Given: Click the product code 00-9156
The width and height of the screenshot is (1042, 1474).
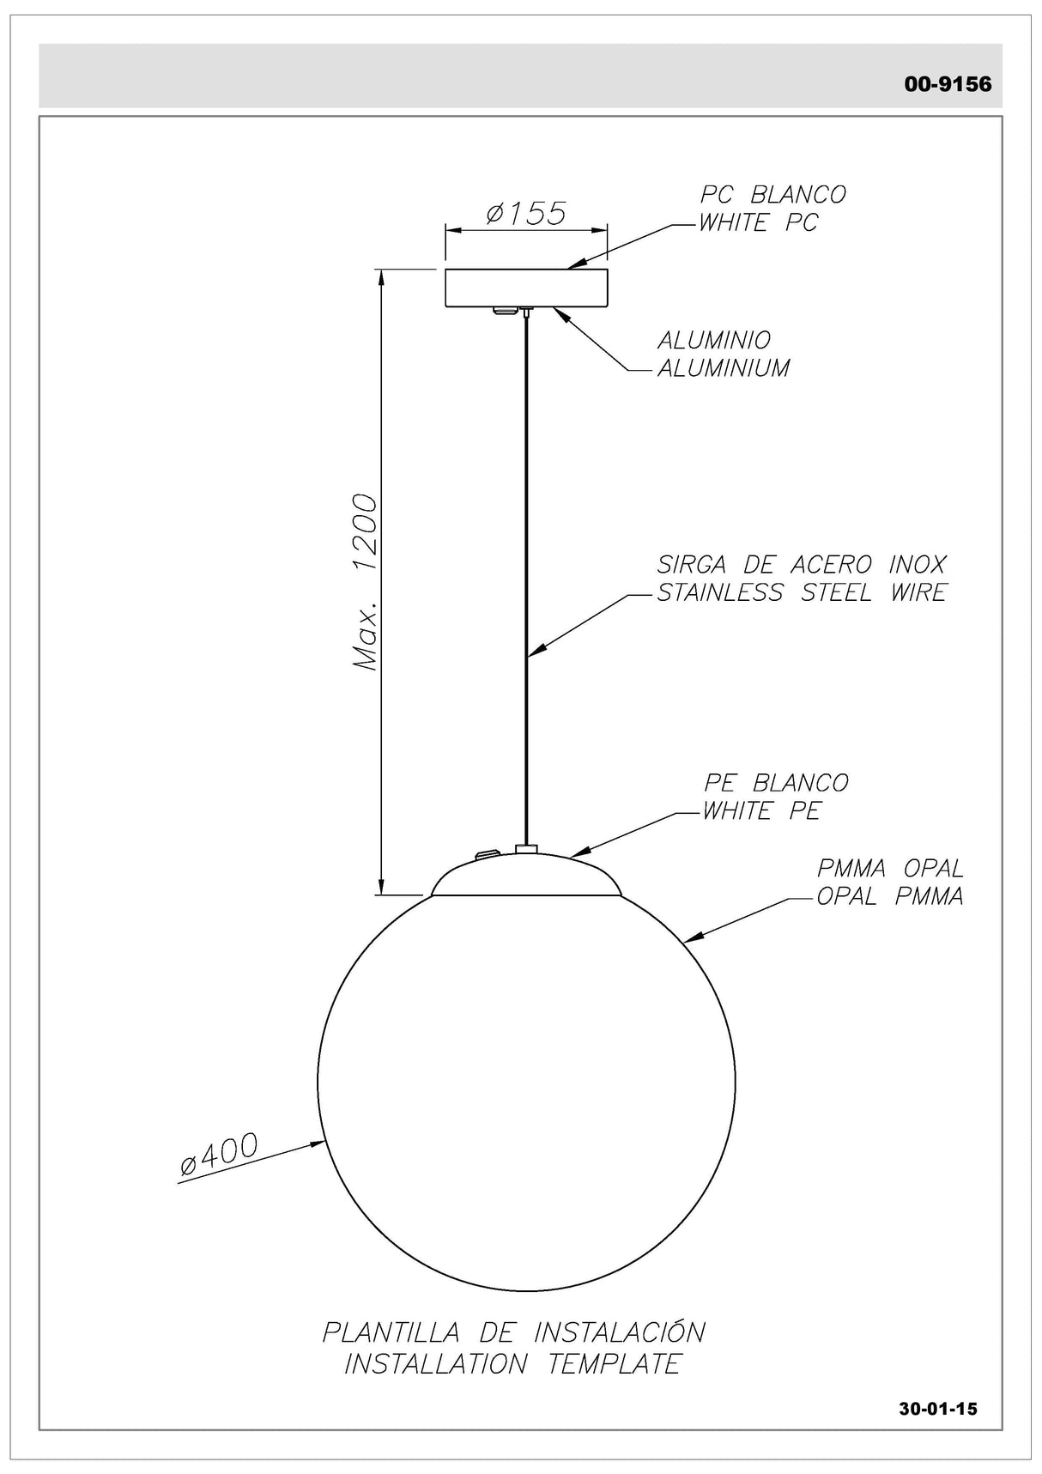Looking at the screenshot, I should [x=948, y=84].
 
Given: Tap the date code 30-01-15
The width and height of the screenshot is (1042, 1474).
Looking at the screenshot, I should [x=938, y=1409].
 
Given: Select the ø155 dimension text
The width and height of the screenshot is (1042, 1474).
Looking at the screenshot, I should [x=525, y=213].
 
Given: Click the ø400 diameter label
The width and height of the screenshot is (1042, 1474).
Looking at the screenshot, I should [x=219, y=1154].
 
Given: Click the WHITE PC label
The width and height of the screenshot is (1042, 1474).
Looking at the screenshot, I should [x=759, y=223].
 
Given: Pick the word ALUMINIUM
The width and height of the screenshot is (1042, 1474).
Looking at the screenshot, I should [x=723, y=368].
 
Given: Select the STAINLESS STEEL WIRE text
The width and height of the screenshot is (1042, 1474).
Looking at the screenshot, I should [x=801, y=592].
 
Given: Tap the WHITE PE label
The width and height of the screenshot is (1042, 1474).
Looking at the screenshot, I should [x=761, y=811].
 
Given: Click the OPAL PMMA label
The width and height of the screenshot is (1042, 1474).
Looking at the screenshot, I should [x=889, y=896].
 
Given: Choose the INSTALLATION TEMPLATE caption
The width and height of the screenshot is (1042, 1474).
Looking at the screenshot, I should [x=512, y=1363].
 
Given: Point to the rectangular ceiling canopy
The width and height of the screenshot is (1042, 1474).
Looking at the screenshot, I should [x=525, y=288].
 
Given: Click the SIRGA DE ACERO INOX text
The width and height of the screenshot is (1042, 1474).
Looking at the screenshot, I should [x=801, y=564].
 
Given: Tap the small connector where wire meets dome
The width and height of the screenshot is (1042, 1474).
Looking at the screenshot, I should [x=525, y=848].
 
